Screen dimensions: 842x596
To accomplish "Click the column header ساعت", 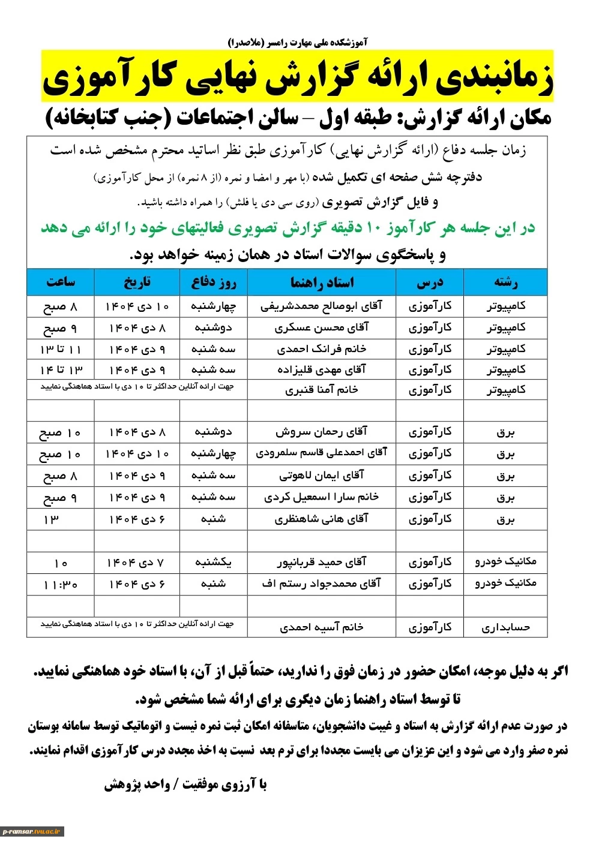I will (61, 282).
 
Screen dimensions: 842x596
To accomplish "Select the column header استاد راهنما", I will (322, 282).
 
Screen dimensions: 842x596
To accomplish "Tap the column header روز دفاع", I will (214, 282).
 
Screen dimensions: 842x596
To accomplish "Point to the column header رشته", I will (505, 282).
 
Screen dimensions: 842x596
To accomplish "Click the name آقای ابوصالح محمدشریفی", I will (322, 306).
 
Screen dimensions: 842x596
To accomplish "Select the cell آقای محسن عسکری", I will (322, 328).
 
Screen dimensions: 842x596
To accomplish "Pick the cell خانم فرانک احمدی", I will (322, 349).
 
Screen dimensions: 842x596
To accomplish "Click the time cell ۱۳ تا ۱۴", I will (61, 370).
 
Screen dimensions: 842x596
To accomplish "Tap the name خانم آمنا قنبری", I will (322, 390).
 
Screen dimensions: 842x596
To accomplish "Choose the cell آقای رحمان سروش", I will (322, 432).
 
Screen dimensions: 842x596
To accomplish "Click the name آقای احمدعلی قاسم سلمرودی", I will (322, 453).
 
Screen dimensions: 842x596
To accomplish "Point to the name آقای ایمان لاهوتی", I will (322, 476).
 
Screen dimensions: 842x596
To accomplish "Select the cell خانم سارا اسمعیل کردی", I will (322, 497).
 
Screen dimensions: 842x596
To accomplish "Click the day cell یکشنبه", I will (214, 563).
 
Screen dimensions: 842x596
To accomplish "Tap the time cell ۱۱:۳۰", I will (61, 584).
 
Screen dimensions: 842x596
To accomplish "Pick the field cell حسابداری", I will (505, 627).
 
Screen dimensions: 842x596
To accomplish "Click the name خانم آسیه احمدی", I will (322, 627).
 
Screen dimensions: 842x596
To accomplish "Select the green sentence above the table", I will (288, 228).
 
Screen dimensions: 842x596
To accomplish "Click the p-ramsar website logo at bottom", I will (32, 831).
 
